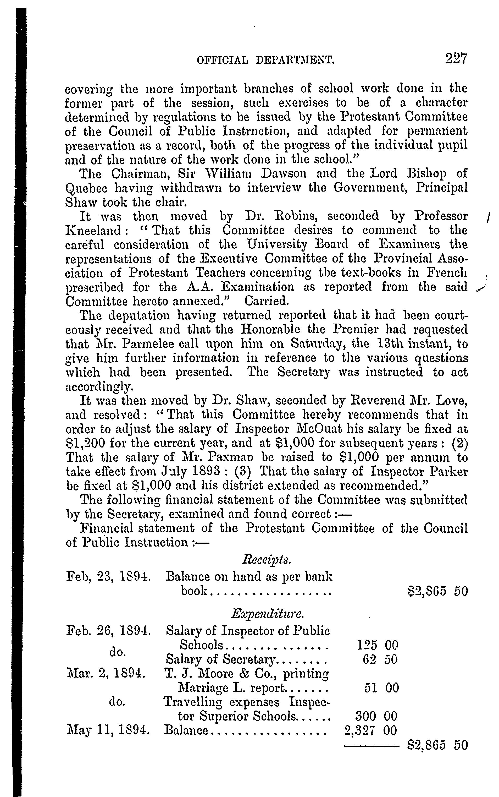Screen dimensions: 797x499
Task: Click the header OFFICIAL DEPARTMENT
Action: pos(266,60)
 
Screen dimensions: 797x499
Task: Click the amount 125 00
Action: pos(378,645)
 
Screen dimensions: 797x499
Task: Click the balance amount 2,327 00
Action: pos(370,730)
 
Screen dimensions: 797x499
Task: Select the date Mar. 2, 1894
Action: pos(106,674)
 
